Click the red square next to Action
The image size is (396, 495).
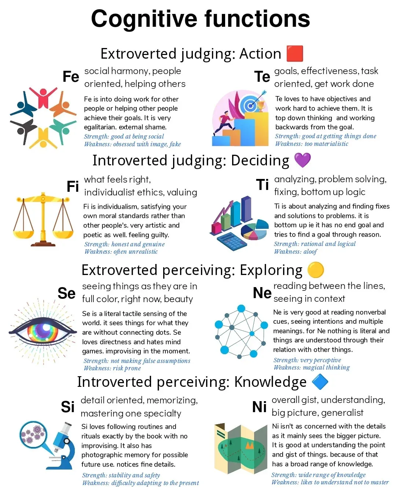tap(294, 54)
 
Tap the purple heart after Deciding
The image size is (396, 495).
tap(302, 160)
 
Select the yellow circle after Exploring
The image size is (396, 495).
tap(315, 270)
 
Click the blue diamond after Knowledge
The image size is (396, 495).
tap(320, 382)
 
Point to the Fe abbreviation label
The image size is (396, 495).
tap(71, 77)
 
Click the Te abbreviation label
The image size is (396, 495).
tap(262, 77)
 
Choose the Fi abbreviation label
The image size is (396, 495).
tap(73, 186)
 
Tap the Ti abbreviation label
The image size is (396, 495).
tap(263, 185)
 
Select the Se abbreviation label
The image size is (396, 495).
tap(66, 293)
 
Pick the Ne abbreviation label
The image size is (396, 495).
tap(262, 293)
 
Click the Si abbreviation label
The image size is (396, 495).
tap(67, 407)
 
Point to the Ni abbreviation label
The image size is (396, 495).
tap(259, 407)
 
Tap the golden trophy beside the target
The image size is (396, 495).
tap(261, 106)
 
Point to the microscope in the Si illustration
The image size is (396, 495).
tap(60, 445)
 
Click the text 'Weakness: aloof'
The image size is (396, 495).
tap(296, 252)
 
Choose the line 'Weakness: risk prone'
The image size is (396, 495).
tap(112, 368)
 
